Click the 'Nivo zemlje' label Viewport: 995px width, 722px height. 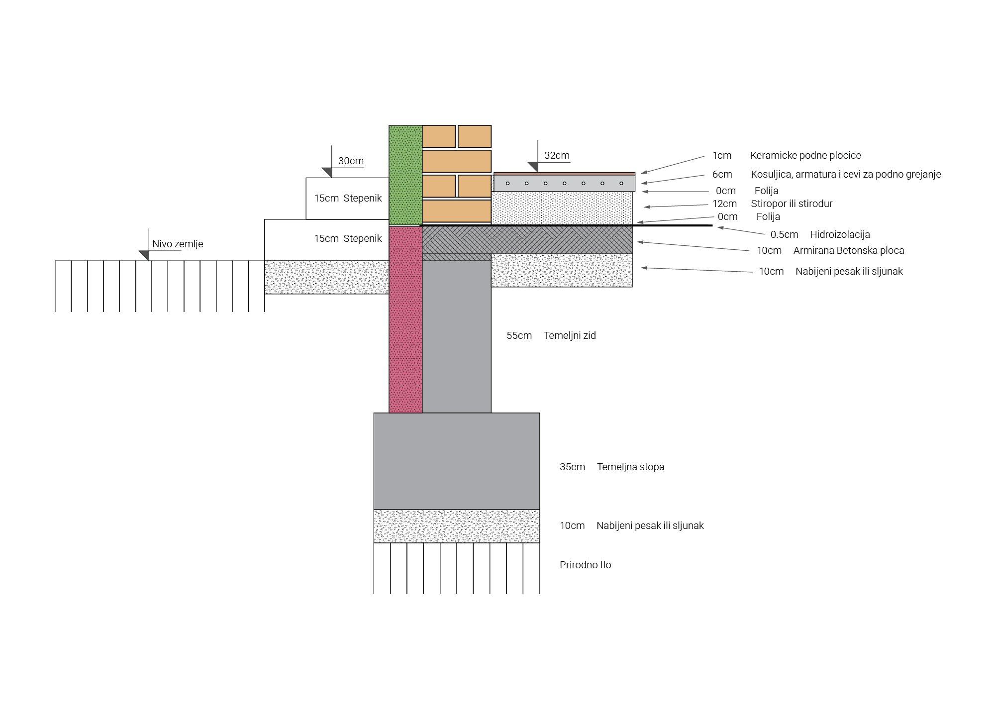coord(178,244)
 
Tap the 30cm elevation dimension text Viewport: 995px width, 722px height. coord(351,161)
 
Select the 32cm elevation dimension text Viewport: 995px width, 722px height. coord(557,155)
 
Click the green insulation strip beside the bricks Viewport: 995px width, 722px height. coord(405,175)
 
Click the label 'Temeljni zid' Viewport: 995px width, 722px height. coord(570,335)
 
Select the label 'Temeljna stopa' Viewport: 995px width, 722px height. coord(630,467)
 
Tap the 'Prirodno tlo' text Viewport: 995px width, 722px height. coord(585,565)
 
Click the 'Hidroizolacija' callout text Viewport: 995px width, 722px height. coord(840,234)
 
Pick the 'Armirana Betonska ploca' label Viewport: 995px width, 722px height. coord(848,250)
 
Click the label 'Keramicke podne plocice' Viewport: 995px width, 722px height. coord(805,155)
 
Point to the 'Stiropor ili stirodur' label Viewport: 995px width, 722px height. coord(792,204)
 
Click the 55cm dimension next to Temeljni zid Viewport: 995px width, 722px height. coord(519,335)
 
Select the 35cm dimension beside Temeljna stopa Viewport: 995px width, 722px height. coord(572,467)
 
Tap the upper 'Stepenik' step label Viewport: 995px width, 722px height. coord(362,198)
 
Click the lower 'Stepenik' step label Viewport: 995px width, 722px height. coord(362,238)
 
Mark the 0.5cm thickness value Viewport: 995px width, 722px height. coord(784,234)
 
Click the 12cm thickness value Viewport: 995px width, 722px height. coord(724,204)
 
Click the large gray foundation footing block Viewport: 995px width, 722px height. coord(456,461)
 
